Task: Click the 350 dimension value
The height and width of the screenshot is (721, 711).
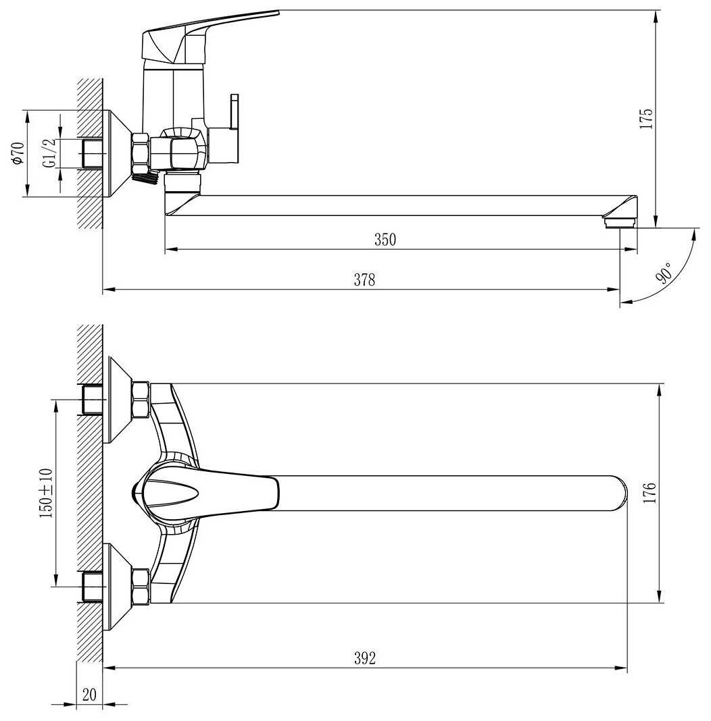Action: click(385, 239)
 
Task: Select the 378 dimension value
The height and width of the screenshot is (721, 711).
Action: click(364, 280)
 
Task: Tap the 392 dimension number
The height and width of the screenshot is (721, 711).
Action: click(364, 658)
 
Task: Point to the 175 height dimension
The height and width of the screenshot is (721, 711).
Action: click(647, 118)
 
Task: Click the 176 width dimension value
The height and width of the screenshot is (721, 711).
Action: click(649, 493)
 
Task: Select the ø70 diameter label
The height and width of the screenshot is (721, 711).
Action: click(18, 153)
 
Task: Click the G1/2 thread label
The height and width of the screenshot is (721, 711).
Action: click(49, 153)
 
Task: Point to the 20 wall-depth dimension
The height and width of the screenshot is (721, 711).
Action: click(89, 694)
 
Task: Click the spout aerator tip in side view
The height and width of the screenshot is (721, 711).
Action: click(620, 220)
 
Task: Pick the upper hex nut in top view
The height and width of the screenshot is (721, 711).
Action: click(141, 400)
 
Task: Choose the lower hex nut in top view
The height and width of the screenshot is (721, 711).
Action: click(141, 586)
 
